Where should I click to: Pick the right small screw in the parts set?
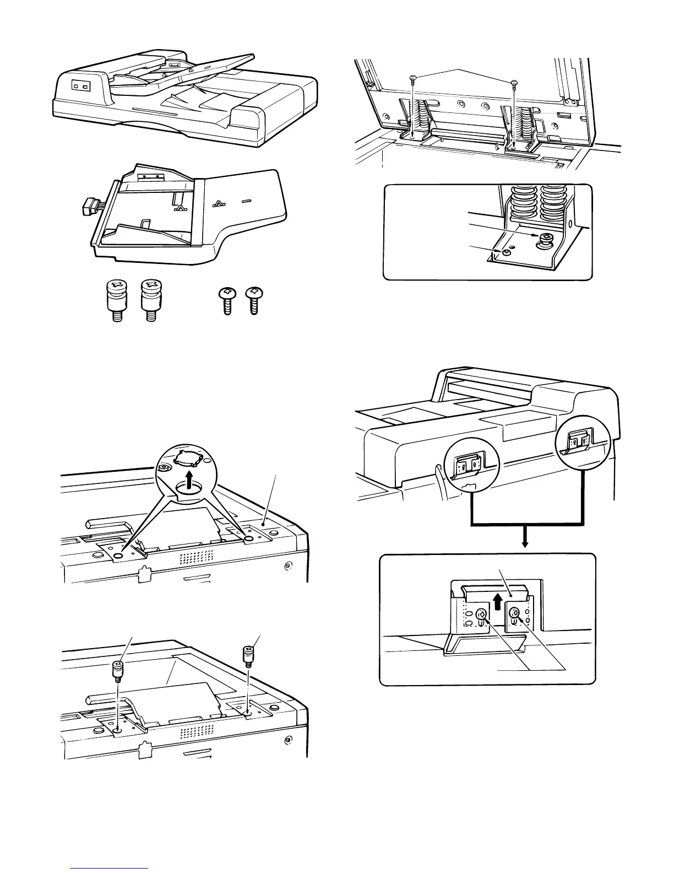pyautogui.click(x=253, y=299)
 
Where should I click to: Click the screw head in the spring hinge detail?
pyautogui.click(x=545, y=238)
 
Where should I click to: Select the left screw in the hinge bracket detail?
pyautogui.click(x=480, y=613)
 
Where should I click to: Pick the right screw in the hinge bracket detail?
pyautogui.click(x=515, y=612)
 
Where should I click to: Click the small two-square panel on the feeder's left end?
pyautogui.click(x=81, y=87)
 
